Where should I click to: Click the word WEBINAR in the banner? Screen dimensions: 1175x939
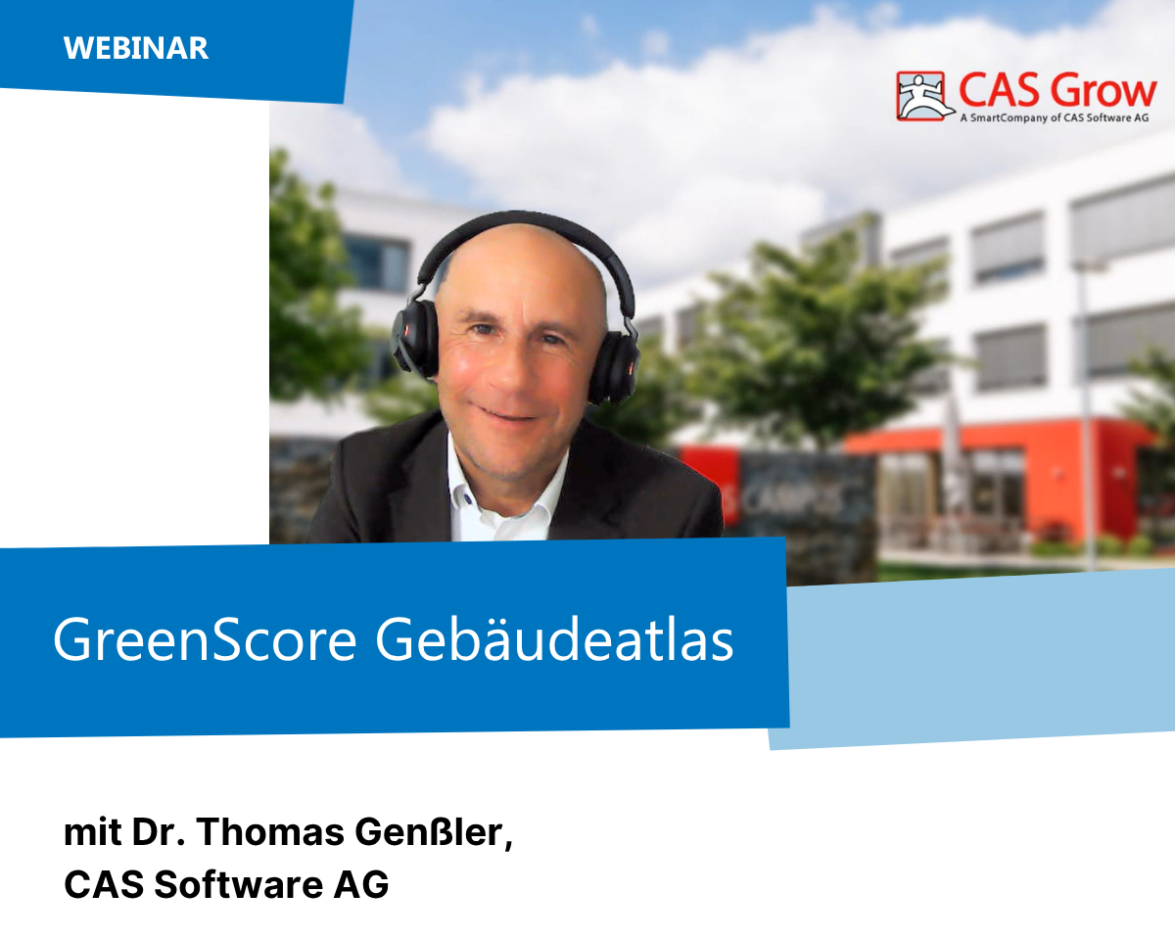[136, 49]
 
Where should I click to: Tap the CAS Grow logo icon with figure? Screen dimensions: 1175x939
[921, 96]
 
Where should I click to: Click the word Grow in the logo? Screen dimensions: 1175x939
[1103, 91]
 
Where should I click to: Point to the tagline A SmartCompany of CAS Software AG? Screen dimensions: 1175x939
[1055, 117]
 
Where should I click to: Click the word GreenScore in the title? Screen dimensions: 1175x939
[205, 639]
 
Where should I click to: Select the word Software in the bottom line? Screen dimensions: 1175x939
[239, 884]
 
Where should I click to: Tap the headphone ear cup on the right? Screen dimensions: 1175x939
[615, 367]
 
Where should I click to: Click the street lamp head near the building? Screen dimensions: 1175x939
[1089, 266]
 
